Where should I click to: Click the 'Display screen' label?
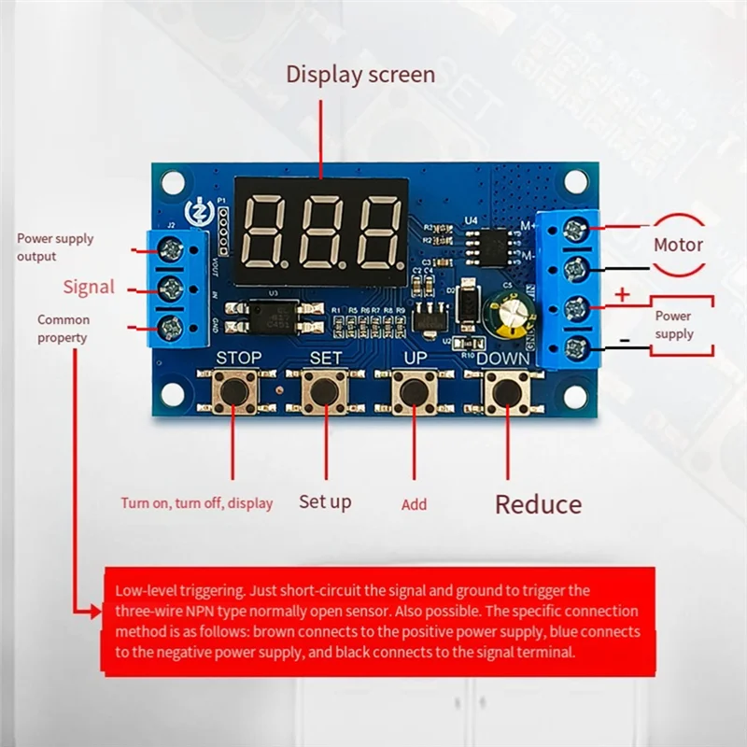359,75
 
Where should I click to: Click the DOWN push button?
505,392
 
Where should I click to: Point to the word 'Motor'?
678,246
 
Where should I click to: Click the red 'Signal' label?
89,287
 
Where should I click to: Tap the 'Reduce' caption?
538,505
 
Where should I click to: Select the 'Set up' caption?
325,502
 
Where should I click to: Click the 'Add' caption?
414,504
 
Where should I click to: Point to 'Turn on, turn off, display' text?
196,503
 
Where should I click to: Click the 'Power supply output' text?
54,247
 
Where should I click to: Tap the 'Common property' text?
63,329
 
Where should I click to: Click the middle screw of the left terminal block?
171,287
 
